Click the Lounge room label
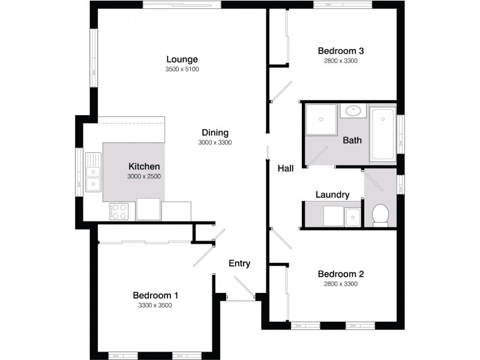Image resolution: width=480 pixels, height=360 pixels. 182,59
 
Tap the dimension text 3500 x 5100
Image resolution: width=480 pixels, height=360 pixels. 182,69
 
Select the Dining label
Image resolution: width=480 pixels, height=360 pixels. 215,133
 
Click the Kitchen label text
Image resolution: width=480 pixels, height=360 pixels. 144,166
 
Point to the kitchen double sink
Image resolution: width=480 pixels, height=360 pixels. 92,172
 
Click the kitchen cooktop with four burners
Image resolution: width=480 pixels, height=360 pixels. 119,211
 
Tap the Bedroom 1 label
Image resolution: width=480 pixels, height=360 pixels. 155,295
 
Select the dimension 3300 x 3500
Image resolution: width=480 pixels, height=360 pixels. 155,305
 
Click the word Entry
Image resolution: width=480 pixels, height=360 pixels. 239,263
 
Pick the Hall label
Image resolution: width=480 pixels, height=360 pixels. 285,169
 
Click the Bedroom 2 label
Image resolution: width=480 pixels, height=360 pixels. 341,274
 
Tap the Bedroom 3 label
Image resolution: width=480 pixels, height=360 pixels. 341,50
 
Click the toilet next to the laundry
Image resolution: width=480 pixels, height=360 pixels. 380,215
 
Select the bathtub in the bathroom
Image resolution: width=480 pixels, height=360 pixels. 382,134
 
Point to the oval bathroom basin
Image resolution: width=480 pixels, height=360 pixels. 353,111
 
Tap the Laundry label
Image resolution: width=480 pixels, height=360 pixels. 332,194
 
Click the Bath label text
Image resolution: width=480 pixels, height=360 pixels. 352,140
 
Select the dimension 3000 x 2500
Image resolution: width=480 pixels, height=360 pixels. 144,176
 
